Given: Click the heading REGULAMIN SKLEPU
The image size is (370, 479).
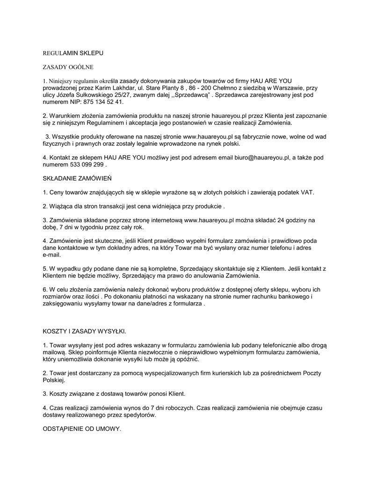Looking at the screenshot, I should coord(73,54).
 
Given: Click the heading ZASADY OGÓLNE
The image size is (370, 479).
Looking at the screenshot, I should coord(68,67).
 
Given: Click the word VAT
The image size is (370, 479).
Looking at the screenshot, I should coord(307,192).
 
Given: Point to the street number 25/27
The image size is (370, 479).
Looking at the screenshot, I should coord(126,94).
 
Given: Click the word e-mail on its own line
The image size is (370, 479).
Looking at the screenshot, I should coord(52,255).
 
